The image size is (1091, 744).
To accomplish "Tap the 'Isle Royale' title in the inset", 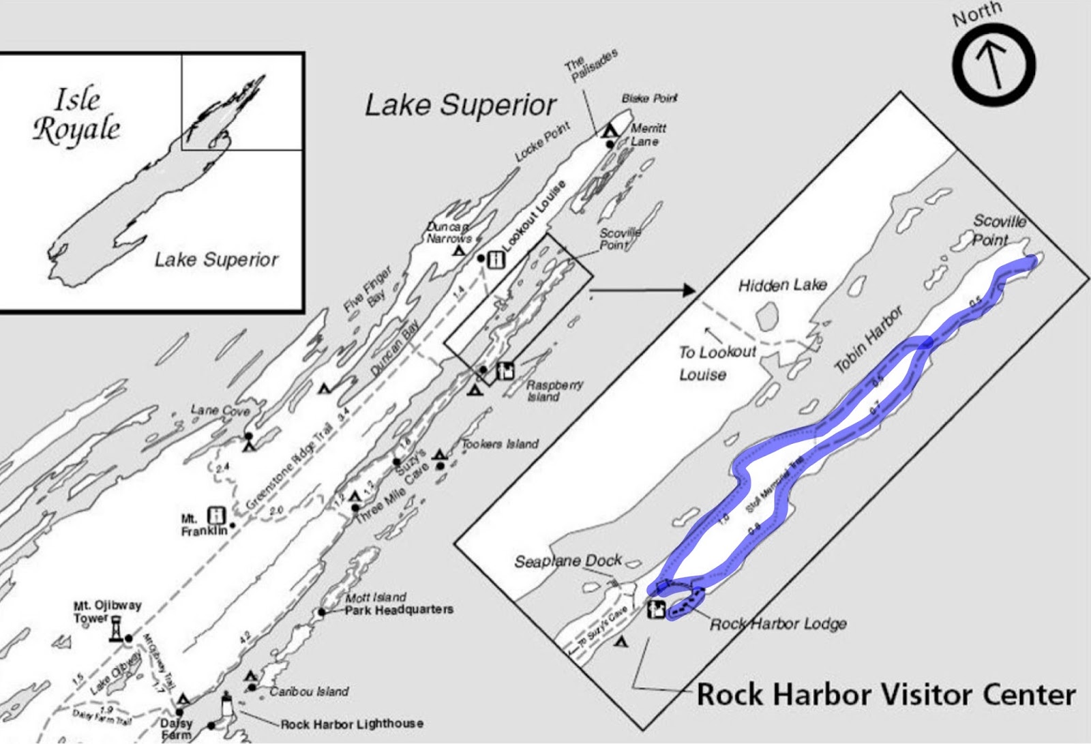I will point(76,116).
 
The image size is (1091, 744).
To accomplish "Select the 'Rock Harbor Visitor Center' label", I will point(886,695).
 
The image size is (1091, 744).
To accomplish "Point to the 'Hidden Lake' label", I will point(783,284).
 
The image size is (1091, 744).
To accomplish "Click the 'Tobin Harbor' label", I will point(869,340).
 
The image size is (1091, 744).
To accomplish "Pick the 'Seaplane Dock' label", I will point(567,561).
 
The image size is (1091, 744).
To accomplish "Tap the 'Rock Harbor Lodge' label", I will point(778,623).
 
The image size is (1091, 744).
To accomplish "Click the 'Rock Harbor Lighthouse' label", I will point(352,724).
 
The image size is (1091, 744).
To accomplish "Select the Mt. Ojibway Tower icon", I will point(116,629).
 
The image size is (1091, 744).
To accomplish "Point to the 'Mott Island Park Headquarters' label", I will point(398,604).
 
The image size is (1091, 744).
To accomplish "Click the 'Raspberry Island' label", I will point(554,391).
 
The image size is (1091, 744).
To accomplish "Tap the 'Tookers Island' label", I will point(500,444).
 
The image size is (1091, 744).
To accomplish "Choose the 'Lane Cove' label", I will point(220,410).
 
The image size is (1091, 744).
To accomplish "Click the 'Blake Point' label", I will point(649,98).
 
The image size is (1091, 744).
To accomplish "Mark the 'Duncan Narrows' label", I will point(449,233).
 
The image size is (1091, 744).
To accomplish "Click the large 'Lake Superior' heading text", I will point(461,106).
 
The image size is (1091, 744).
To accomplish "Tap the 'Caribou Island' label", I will point(309,691).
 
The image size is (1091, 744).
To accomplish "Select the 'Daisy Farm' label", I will point(177,729).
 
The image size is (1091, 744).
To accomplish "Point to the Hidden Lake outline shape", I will point(768,316).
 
